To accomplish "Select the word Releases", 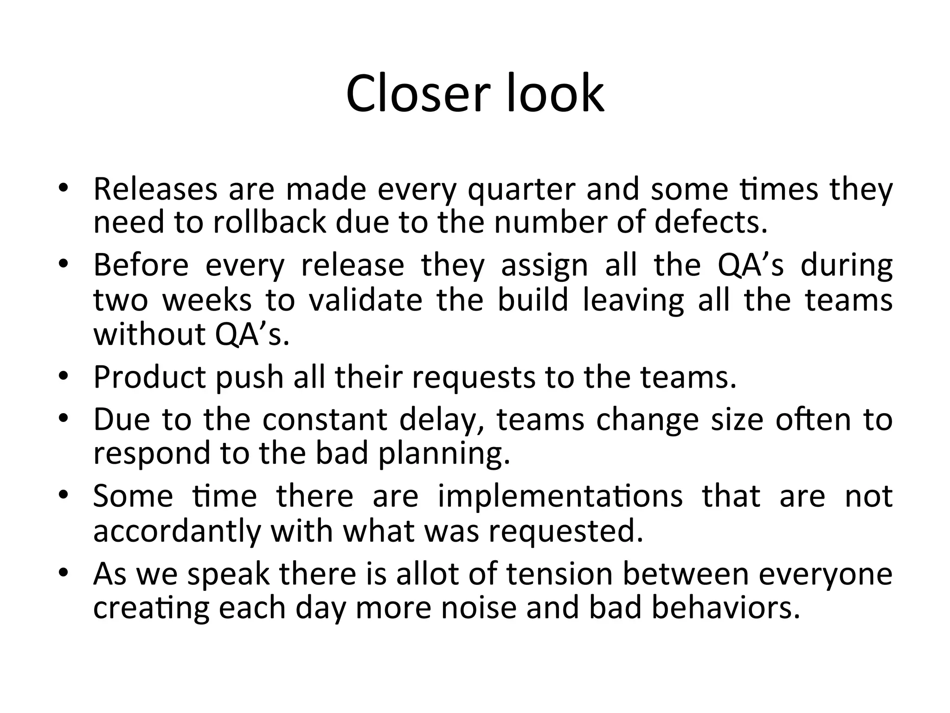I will point(155,189).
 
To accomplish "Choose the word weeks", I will point(207,299).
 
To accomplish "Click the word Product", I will point(150,377).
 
